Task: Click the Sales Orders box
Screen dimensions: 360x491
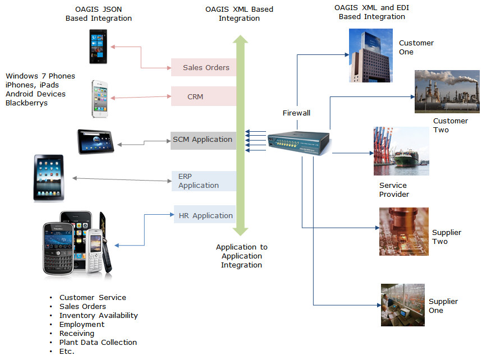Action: coord(203,68)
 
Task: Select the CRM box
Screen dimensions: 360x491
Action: coord(203,96)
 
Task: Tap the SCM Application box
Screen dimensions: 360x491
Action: coord(203,140)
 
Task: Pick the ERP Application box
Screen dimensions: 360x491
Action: coord(203,181)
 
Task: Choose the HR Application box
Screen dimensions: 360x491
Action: coord(204,215)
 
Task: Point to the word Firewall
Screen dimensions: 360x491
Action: coord(296,113)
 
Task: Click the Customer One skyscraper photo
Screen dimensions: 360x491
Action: coord(370,56)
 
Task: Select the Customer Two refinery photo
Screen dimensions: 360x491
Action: coord(447,91)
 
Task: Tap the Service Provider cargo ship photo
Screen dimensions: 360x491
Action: coord(401,151)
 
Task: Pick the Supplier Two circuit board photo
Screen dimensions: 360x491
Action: coord(403,232)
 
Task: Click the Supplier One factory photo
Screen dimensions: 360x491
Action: coord(403,304)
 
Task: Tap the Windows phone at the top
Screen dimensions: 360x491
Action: coord(98,47)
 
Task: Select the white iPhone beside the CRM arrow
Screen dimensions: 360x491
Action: coord(100,99)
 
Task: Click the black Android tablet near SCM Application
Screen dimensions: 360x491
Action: coord(96,141)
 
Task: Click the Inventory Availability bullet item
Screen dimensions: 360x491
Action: coord(98,316)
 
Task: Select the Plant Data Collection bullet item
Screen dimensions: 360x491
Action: coord(98,343)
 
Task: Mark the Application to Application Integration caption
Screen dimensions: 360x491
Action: coord(242,256)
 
